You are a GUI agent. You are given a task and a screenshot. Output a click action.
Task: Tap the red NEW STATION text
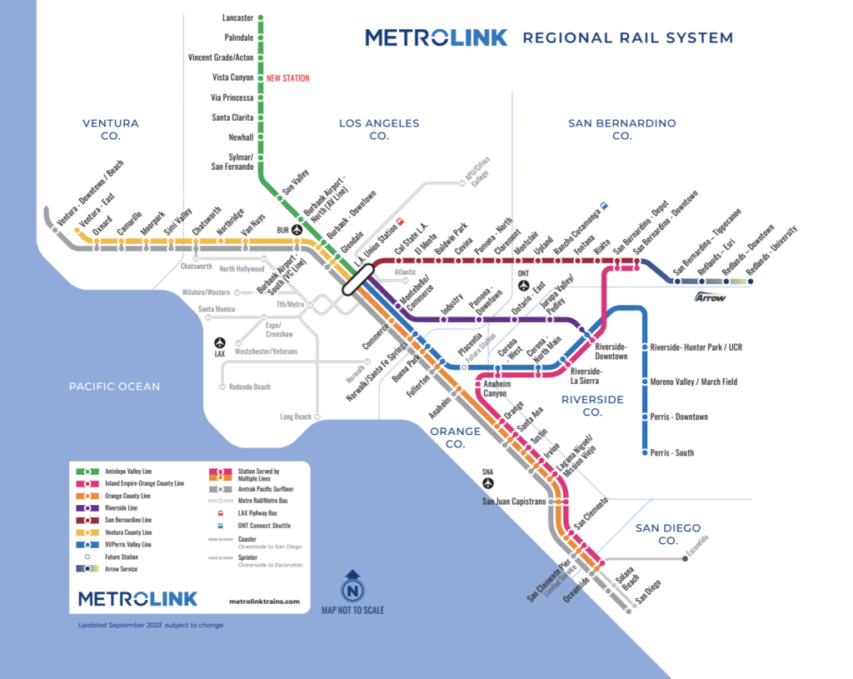pyautogui.click(x=287, y=78)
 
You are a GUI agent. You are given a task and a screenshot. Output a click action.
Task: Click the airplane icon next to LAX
pyautogui.click(x=220, y=342)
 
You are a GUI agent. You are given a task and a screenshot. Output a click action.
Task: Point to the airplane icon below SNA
pyautogui.click(x=488, y=483)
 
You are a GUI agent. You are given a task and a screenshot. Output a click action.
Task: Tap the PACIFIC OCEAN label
pyautogui.click(x=114, y=387)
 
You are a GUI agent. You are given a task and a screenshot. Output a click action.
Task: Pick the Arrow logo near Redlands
pyautogui.click(x=711, y=297)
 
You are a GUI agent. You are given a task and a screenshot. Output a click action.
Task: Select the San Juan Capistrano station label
pyautogui.click(x=514, y=502)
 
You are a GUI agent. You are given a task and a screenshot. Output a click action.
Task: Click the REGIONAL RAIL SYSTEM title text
pyautogui.click(x=627, y=38)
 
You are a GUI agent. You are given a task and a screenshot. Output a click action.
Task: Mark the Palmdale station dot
pyautogui.click(x=261, y=37)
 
